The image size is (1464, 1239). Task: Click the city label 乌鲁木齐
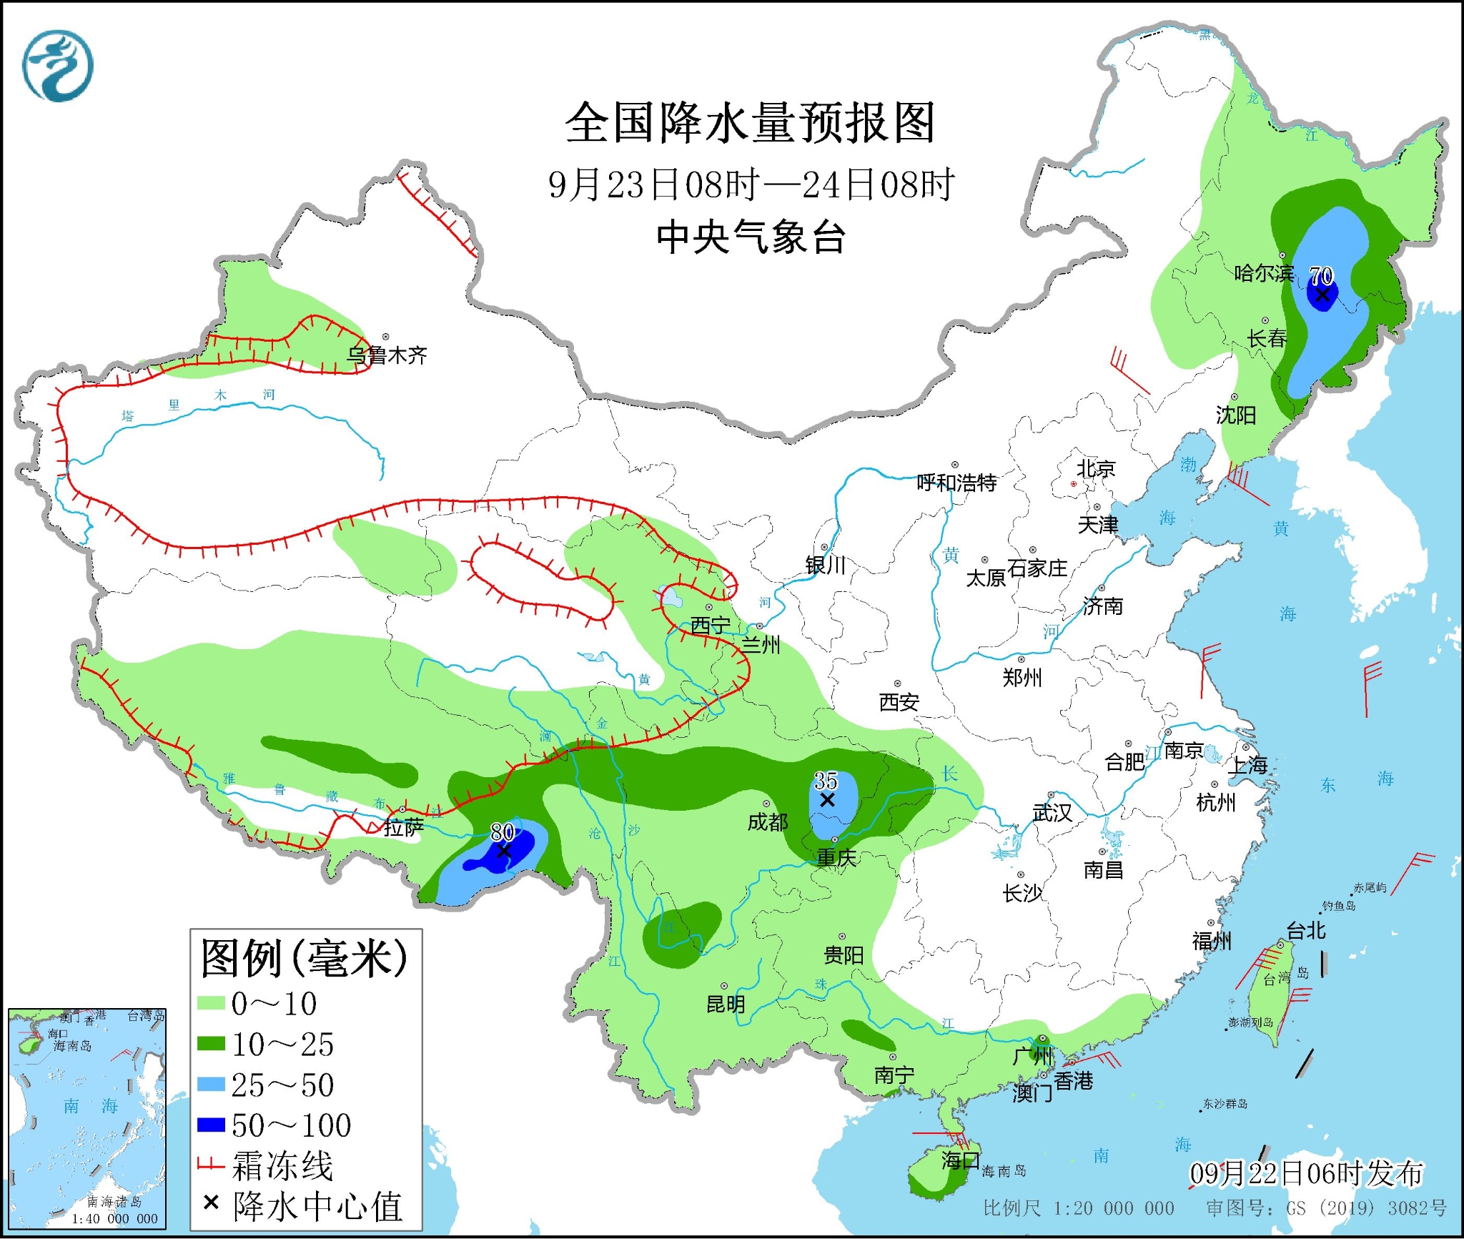[x=387, y=355]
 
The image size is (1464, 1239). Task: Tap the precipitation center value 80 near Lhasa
[x=503, y=831]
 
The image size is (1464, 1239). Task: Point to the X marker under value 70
[x=1322, y=295]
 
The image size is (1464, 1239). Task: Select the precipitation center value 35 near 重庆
[x=826, y=781]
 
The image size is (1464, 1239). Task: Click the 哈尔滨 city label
[x=1264, y=273]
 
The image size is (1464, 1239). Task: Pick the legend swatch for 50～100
[x=211, y=1125]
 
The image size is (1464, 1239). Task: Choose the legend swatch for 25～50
[x=211, y=1085]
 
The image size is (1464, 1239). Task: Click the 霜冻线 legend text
[x=282, y=1166]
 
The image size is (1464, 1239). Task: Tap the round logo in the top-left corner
[x=58, y=66]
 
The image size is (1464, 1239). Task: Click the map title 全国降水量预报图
[x=751, y=123]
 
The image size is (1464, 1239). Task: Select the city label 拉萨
[x=404, y=827]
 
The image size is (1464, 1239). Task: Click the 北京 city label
[x=1096, y=469]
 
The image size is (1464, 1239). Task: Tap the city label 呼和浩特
[x=956, y=483]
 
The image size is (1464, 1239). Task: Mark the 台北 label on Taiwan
[x=1306, y=931]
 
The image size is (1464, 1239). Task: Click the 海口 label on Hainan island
[x=960, y=1160]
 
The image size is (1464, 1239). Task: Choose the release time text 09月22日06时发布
[x=1306, y=1173]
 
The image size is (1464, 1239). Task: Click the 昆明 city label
[x=726, y=1004]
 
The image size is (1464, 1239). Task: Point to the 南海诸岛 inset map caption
[x=114, y=1202]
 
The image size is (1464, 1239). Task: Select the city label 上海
[x=1247, y=766]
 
